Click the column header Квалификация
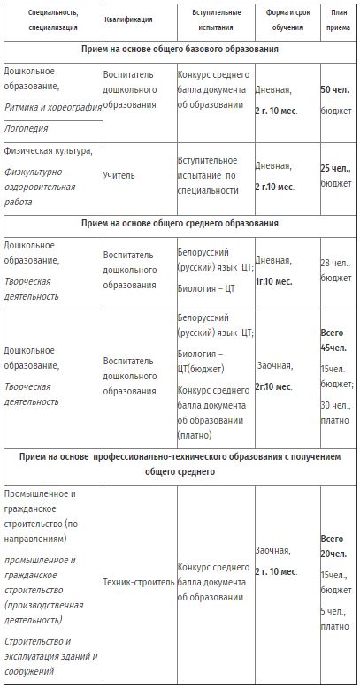127,19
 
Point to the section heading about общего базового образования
180,49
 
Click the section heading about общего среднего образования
180,223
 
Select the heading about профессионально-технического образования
180,464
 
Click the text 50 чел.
335,89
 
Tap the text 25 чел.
336,167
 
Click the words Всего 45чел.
335,340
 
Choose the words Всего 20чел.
334,545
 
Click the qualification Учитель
119,175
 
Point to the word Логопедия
27,127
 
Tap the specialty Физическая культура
48,149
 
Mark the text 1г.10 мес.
275,281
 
